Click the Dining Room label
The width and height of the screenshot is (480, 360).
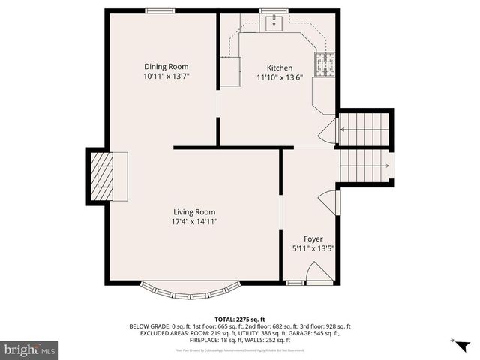tap(166, 66)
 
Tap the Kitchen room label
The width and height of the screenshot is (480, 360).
tap(274, 67)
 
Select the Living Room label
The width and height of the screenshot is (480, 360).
tap(194, 211)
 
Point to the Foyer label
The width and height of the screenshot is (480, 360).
tap(313, 238)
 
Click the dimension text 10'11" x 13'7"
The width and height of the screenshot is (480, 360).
tap(166, 76)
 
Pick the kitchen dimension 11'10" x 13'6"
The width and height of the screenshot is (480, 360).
tap(280, 77)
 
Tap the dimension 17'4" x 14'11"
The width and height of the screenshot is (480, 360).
tap(194, 221)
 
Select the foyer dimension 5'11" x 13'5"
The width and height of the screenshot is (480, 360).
tap(313, 248)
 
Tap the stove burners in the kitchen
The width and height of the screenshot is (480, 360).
tap(325, 64)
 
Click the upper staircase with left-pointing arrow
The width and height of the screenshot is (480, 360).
tap(365, 129)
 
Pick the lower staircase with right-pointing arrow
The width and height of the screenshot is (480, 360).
tap(365, 166)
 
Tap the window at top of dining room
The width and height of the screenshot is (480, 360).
tap(156, 10)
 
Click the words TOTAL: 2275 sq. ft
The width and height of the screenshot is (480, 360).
tap(240, 319)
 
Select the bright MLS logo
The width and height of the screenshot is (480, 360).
tap(31, 349)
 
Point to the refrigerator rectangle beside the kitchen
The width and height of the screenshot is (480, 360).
tap(229, 71)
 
